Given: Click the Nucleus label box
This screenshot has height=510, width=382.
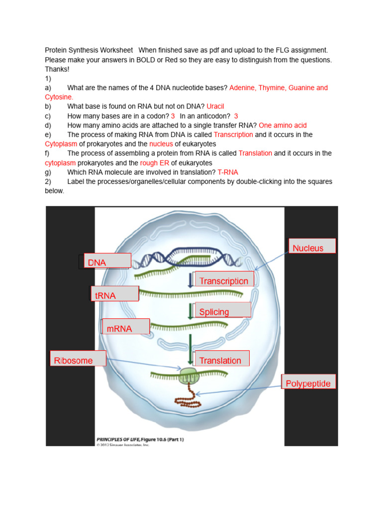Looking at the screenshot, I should point(312,246).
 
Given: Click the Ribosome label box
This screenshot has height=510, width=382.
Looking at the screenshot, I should point(79,359).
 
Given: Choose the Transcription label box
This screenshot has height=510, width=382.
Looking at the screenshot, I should point(224,279).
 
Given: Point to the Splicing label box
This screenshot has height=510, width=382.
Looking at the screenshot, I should point(223,310).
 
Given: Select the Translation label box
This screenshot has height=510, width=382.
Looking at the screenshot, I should point(222,359).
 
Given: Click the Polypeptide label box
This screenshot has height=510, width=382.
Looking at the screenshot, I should point(308,382).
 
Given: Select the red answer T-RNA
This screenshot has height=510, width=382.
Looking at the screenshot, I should point(228,172).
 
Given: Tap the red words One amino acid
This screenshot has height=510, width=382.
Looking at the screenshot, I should point(283,126).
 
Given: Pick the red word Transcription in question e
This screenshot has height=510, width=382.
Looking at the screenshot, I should point(233,135).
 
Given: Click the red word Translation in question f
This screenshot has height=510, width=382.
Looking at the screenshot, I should point(255,153).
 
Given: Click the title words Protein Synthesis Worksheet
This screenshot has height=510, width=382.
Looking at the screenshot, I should point(89,50).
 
